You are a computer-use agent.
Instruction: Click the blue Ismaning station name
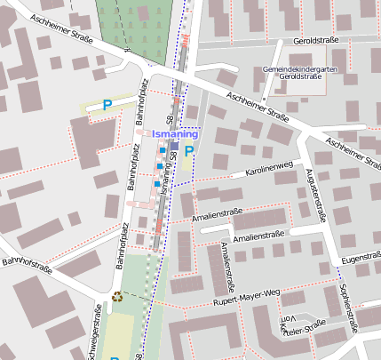coord(175,133)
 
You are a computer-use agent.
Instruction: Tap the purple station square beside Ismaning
coord(175,146)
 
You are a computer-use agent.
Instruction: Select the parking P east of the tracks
coord(188,152)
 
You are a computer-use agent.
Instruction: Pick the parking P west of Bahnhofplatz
coord(107,105)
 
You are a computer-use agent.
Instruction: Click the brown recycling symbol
coord(117,297)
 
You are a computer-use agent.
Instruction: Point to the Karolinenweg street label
coord(269,167)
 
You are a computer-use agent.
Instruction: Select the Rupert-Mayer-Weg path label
coord(246,297)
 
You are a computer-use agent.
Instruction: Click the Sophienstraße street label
coord(348,307)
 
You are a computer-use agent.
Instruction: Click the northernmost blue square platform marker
coord(162,150)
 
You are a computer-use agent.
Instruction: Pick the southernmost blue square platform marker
coord(156,184)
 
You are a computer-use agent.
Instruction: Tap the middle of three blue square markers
coord(159,166)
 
